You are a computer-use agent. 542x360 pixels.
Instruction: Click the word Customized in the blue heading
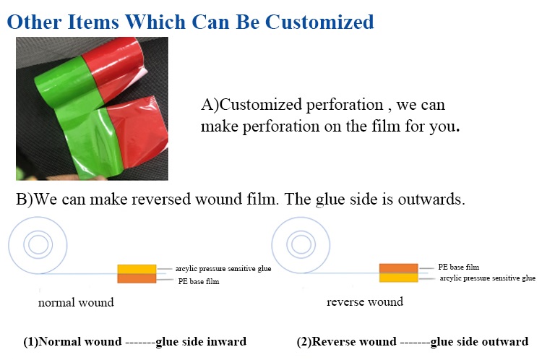319,22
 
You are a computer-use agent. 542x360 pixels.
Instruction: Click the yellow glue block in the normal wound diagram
137,270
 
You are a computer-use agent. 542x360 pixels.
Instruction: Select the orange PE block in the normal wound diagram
137,279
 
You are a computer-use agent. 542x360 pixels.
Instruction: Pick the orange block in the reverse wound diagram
398,268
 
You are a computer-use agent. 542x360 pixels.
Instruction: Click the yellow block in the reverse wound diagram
398,278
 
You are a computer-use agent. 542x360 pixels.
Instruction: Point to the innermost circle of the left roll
38,244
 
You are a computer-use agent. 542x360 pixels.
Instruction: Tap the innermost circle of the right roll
301,244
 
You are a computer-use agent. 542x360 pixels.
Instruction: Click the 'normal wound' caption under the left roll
76,303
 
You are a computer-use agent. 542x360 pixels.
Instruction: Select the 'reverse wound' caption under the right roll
365,301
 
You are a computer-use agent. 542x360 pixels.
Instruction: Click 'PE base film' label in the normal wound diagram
199,281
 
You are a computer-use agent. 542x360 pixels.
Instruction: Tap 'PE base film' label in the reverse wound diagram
459,267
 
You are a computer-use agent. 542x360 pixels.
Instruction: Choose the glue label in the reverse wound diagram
487,278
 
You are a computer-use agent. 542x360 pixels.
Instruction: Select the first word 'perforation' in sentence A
345,105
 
